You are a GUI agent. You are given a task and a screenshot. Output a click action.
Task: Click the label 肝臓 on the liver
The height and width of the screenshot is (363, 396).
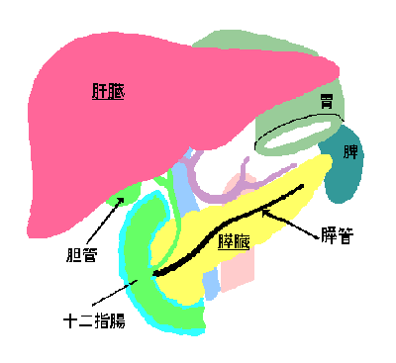108,91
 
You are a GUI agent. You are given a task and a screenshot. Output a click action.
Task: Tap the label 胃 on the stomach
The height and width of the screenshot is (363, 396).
327,101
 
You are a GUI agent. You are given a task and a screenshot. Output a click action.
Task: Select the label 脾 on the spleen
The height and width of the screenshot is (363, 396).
350,151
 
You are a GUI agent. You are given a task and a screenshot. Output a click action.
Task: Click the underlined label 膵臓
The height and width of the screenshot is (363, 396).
234,242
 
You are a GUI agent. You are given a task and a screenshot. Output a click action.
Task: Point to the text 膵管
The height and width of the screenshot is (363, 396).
337,236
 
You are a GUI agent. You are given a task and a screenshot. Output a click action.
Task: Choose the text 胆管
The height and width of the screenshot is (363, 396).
81,254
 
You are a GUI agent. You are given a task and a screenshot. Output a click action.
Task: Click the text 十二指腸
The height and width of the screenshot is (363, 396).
94,320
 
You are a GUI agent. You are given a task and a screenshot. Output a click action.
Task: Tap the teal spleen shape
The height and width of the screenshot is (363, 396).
345,165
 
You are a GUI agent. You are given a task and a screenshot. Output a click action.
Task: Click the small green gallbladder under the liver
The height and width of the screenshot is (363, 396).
126,195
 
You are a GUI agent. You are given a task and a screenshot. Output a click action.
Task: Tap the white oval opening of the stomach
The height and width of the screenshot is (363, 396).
298,134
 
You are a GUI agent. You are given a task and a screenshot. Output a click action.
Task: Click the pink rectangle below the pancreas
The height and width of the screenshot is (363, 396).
238,270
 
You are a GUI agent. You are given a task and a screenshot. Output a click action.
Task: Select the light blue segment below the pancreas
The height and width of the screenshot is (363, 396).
211,284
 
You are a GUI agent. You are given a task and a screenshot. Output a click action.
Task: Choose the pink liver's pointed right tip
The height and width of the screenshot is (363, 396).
339,70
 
